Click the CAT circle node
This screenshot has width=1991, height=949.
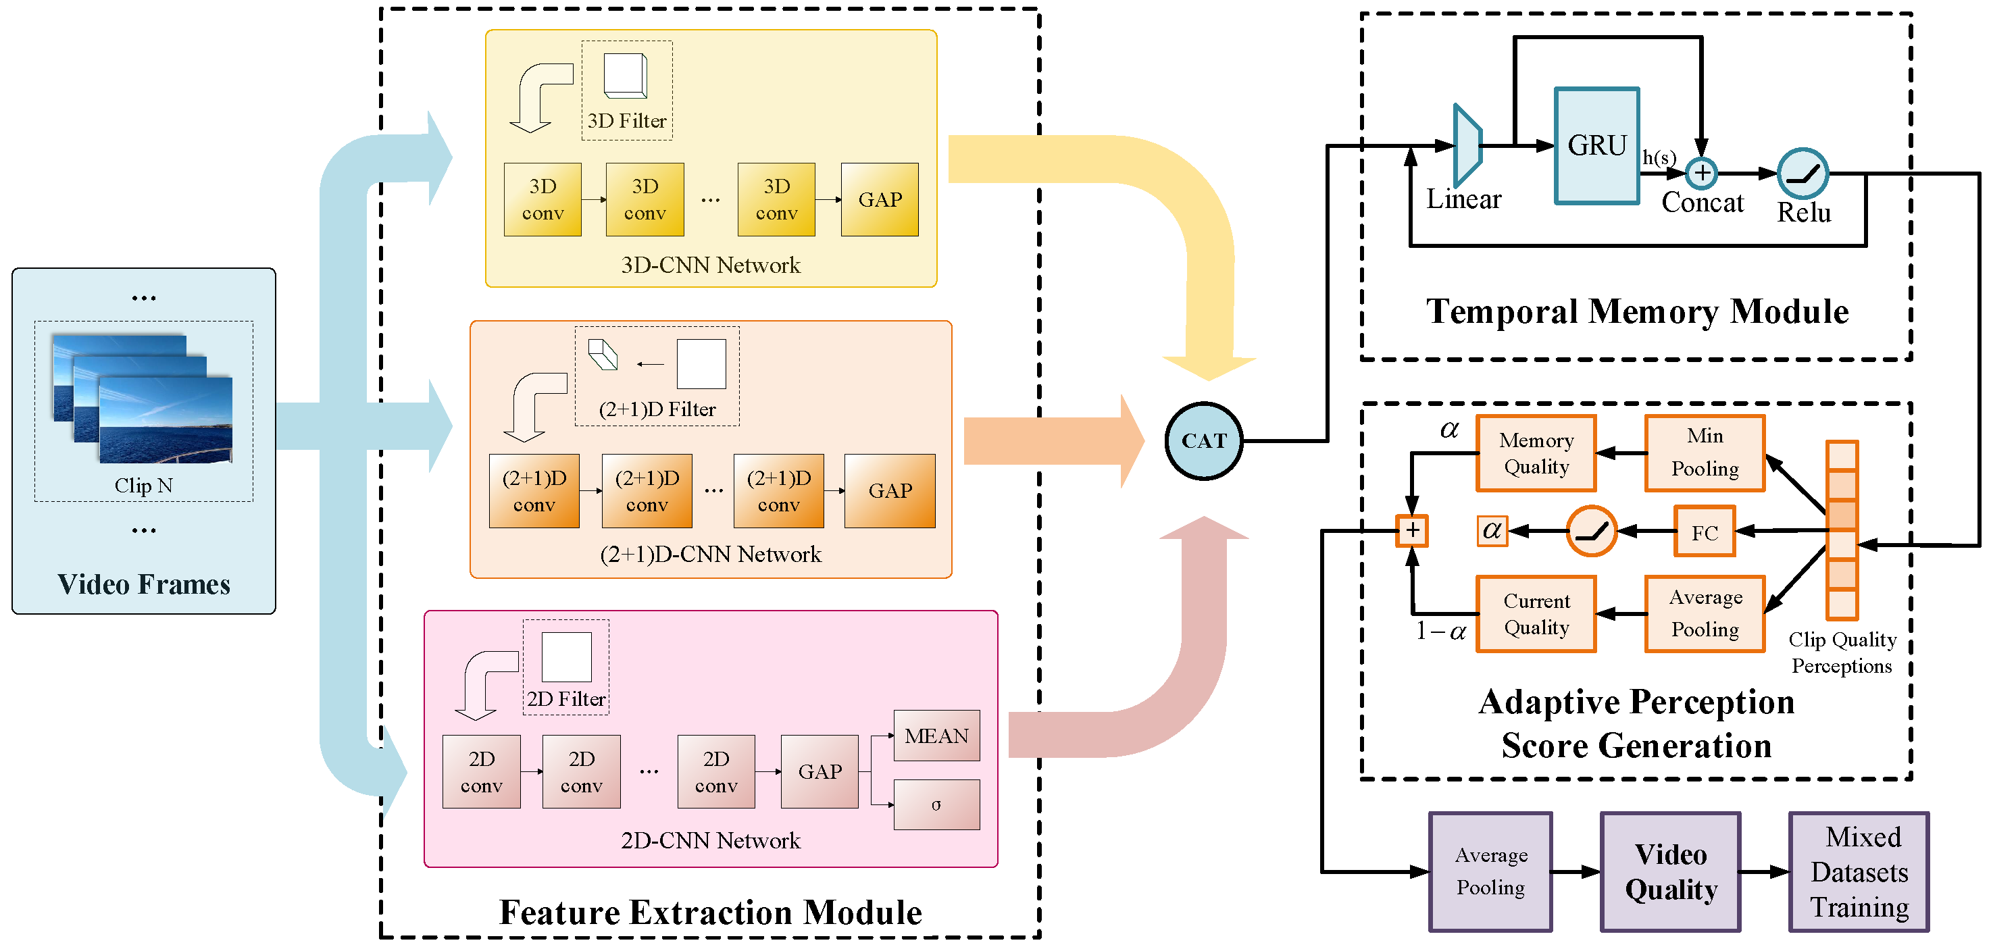1203,440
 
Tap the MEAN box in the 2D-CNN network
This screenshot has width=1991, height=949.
936,736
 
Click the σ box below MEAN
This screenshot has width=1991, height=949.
936,804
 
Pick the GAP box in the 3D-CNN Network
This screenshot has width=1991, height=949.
880,199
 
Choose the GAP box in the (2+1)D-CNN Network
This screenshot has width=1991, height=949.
890,491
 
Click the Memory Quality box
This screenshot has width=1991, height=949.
1536,454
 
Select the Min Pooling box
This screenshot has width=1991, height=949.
1705,453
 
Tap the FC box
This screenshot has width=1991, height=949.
1705,532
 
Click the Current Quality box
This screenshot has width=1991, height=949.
1536,615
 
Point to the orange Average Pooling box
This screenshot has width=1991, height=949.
1705,613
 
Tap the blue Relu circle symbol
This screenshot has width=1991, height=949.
1803,173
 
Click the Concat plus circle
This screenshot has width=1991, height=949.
1701,173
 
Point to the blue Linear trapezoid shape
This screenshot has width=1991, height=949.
1466,145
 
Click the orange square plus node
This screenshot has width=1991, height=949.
1412,531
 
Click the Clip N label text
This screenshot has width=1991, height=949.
144,486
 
